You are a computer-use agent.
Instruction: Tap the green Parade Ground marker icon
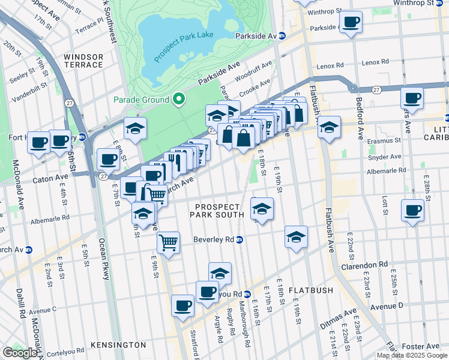(178, 100)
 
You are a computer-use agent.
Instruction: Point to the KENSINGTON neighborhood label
(118, 345)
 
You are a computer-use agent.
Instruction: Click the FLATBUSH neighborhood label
(310, 290)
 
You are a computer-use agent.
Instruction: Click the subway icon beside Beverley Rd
(240, 239)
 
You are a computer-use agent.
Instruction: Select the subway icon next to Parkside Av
(282, 36)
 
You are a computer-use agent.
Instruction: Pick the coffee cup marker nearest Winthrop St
(351, 23)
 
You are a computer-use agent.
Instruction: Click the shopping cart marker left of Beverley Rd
(168, 243)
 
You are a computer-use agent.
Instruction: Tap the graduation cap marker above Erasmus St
(328, 127)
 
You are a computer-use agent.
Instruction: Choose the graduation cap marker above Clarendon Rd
(296, 237)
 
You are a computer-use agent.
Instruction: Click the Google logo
(21, 353)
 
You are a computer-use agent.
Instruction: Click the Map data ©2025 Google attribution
(411, 355)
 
